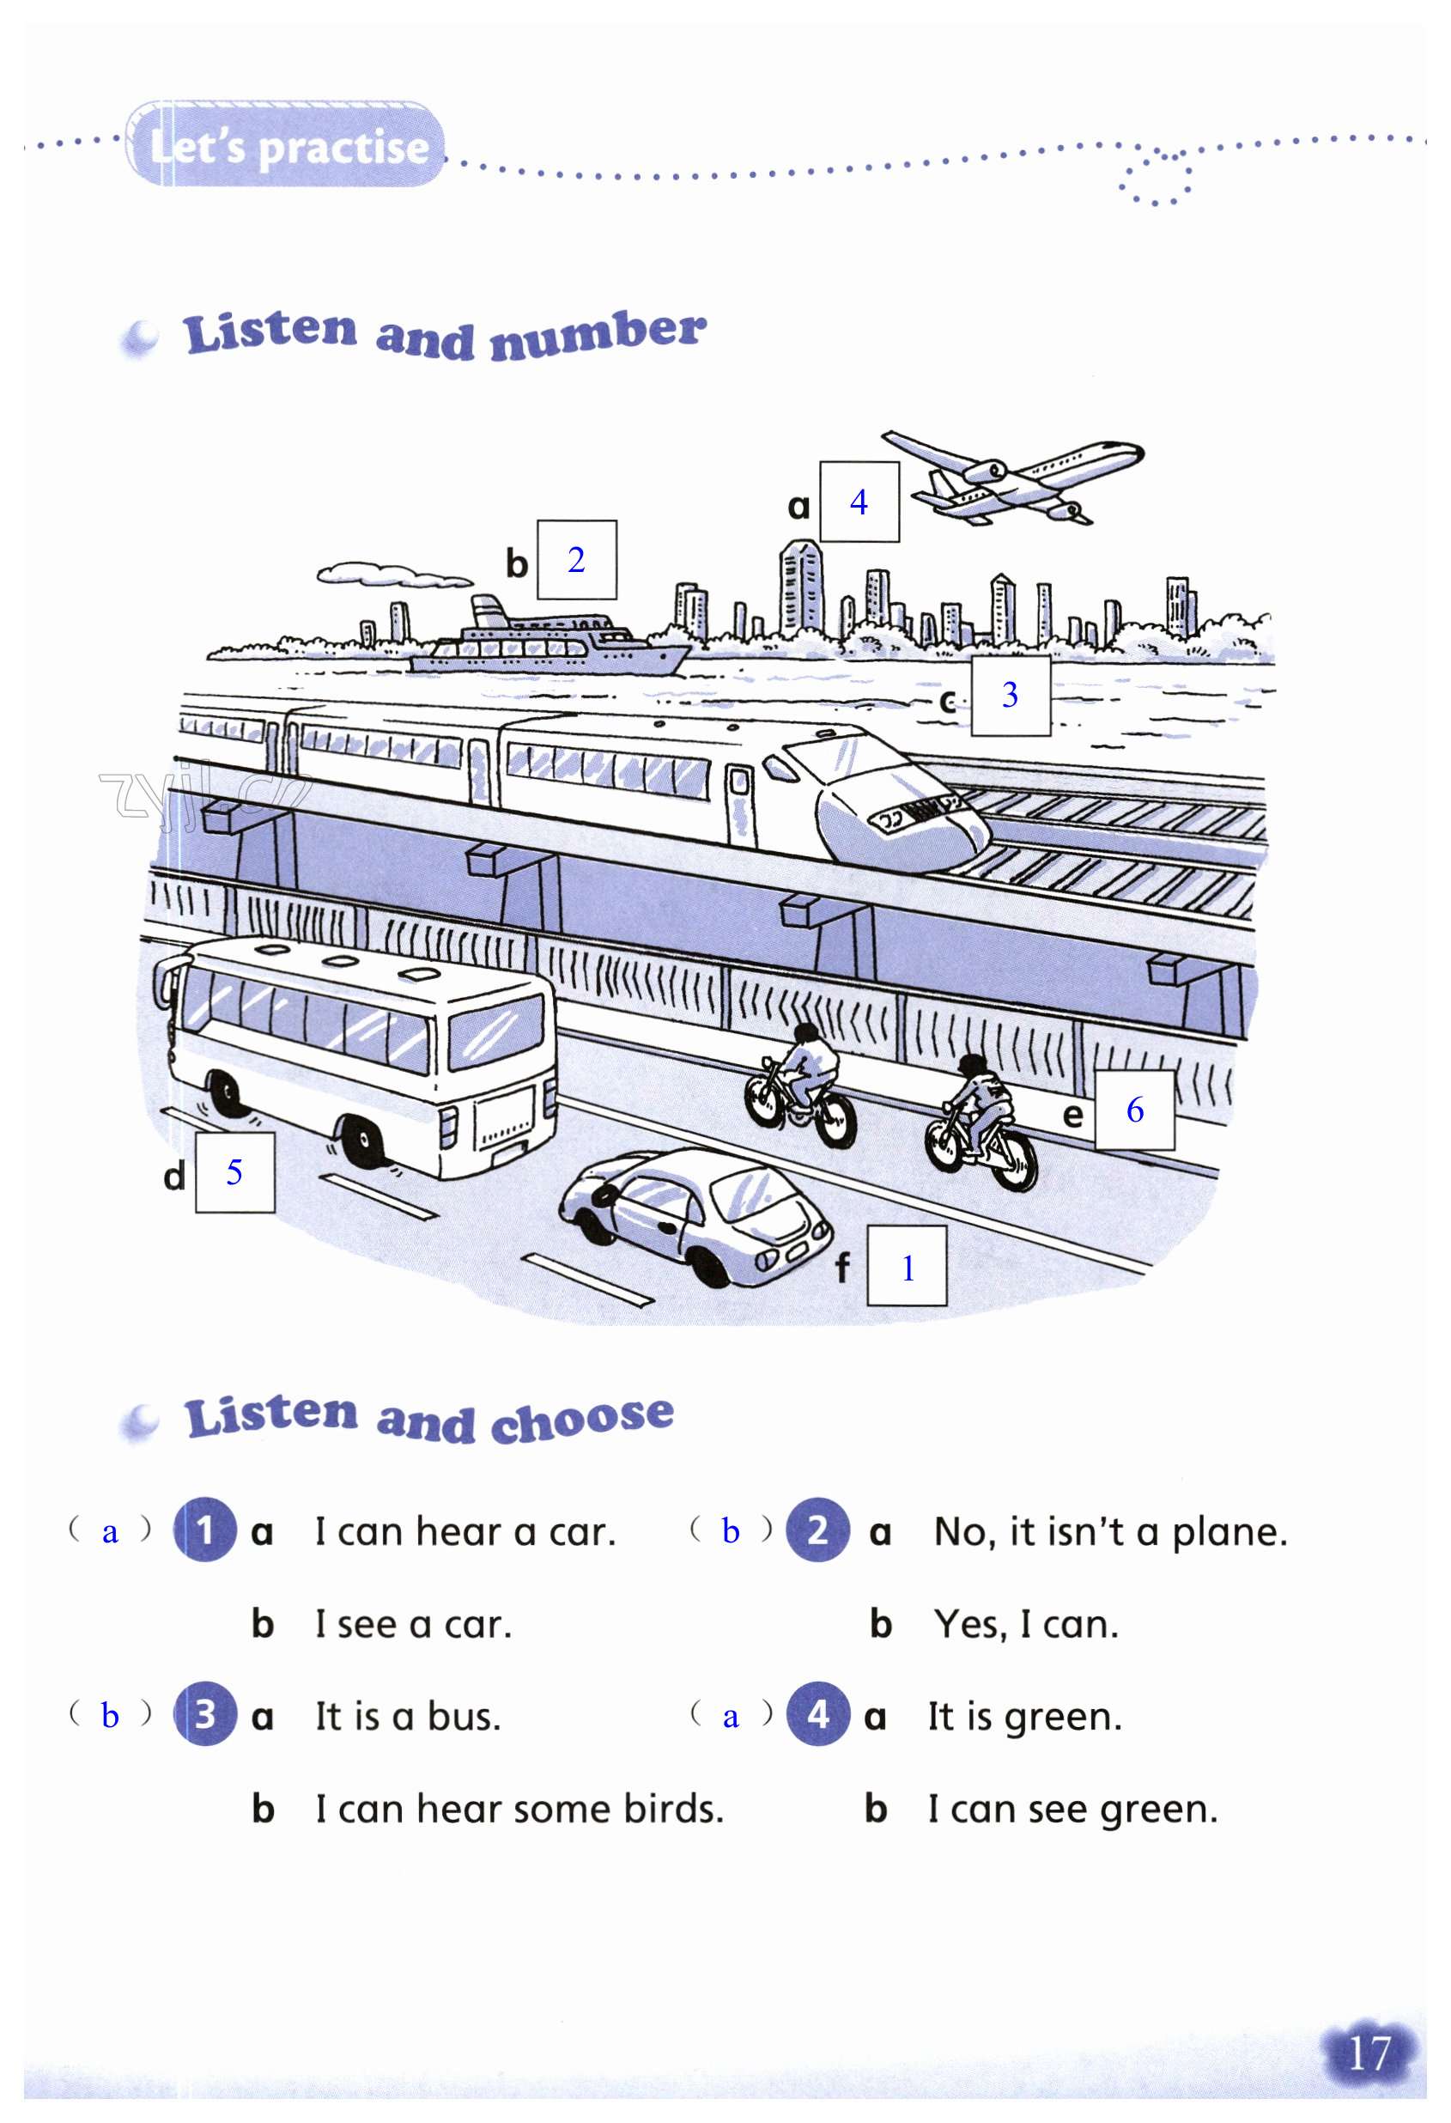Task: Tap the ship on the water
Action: click(x=548, y=642)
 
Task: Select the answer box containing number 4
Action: click(x=859, y=502)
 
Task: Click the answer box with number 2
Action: click(x=576, y=560)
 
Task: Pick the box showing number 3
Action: click(x=1009, y=694)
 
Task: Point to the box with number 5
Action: click(x=234, y=1172)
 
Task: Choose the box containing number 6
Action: click(x=1134, y=1110)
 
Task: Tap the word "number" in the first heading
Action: click(x=598, y=334)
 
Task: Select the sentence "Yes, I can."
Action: click(x=1025, y=1624)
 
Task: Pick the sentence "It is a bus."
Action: click(x=407, y=1717)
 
